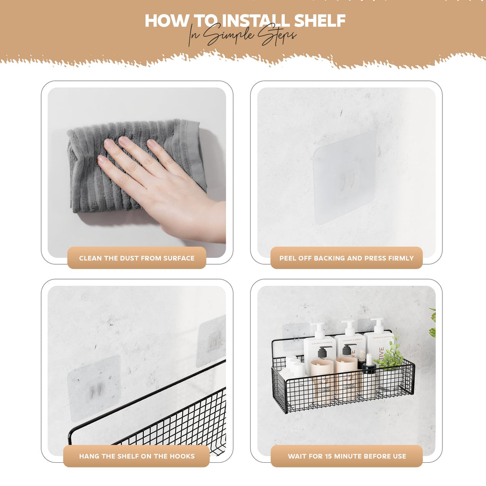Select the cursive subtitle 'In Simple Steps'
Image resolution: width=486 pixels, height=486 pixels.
[x=242, y=36]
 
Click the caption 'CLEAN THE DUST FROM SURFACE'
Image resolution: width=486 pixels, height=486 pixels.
[x=137, y=258]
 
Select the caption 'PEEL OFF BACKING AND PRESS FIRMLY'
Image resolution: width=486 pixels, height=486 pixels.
[x=346, y=258]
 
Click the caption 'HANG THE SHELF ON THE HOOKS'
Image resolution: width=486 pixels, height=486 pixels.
[x=137, y=456]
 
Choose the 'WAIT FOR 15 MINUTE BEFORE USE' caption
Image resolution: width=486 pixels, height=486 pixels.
[x=346, y=456]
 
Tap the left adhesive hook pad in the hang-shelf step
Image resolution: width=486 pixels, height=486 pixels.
[x=93, y=388]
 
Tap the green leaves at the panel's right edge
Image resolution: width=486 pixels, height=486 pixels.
[x=432, y=323]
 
